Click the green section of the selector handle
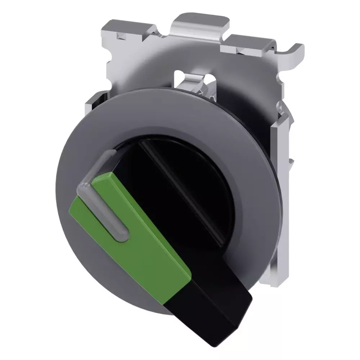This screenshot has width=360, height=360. [x=144, y=230]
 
